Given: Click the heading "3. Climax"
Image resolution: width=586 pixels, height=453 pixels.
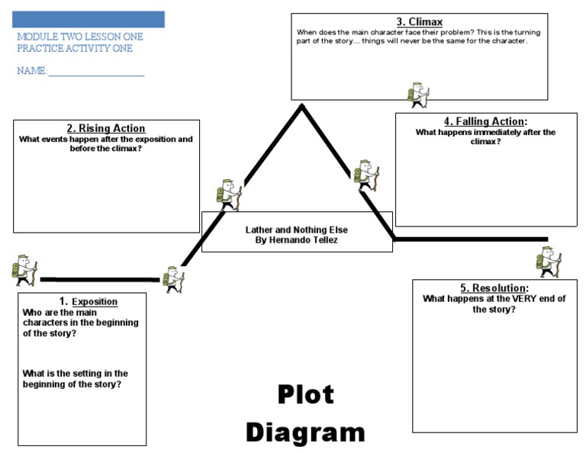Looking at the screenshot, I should (x=419, y=22).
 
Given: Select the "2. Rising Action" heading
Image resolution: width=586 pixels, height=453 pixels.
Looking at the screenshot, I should (x=106, y=128).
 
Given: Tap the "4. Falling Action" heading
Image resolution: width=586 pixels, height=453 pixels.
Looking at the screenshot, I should (x=485, y=121).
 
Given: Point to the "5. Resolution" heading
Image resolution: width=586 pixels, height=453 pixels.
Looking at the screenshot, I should (x=494, y=288).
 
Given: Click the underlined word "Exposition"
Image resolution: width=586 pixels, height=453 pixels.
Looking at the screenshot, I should (x=95, y=302).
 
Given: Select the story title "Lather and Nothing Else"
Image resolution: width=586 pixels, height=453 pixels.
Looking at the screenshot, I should (x=296, y=229).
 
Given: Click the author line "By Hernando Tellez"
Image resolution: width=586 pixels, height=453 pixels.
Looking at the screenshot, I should (x=296, y=239).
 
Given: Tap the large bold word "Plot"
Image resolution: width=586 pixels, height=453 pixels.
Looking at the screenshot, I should (x=304, y=395).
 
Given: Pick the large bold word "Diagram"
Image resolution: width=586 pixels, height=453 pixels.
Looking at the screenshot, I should (x=304, y=432).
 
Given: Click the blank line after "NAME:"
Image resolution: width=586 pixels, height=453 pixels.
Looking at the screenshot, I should (x=96, y=72).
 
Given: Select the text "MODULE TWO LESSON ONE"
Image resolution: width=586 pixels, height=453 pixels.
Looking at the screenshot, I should (x=79, y=37).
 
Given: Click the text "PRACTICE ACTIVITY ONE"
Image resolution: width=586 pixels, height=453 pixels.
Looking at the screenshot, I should (x=74, y=49).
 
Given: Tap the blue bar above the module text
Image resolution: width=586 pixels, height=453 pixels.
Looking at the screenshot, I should (x=89, y=19).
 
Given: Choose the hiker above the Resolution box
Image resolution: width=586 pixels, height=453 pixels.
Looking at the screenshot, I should (x=549, y=262).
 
